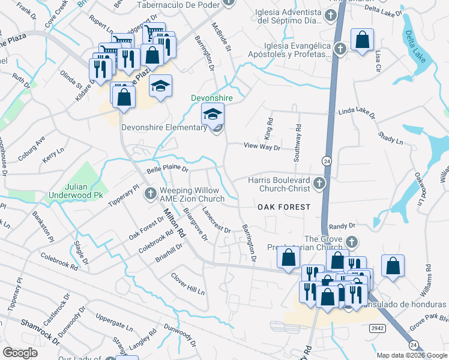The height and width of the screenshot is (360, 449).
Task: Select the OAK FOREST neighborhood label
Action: (284, 206)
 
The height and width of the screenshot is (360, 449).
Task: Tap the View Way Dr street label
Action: (262, 145)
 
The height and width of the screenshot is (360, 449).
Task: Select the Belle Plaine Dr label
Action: (168, 164)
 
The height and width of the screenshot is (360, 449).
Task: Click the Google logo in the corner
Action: (20, 353)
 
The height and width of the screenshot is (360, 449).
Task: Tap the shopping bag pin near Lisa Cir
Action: (362, 40)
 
